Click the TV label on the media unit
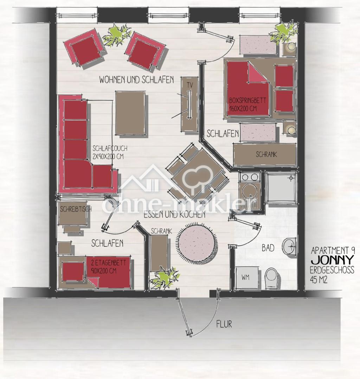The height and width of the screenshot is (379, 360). (190, 84)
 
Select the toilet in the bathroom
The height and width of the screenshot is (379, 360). (273, 278)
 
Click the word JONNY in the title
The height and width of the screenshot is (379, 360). (333, 260)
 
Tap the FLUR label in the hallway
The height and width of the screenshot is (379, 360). (224, 324)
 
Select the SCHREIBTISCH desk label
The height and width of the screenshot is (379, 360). (76, 209)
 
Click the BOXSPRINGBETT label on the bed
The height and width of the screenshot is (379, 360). (247, 100)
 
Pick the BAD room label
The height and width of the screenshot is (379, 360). (268, 248)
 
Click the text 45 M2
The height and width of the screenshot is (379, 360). (319, 280)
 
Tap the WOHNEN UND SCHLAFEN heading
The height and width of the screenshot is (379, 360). (136, 80)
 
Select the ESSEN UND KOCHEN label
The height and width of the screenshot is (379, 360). (175, 214)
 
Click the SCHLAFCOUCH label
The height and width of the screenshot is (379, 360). (110, 148)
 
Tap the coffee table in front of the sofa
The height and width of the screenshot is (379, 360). (130, 113)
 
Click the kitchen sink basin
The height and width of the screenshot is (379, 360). (250, 193)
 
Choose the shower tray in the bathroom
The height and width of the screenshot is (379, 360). (281, 187)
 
